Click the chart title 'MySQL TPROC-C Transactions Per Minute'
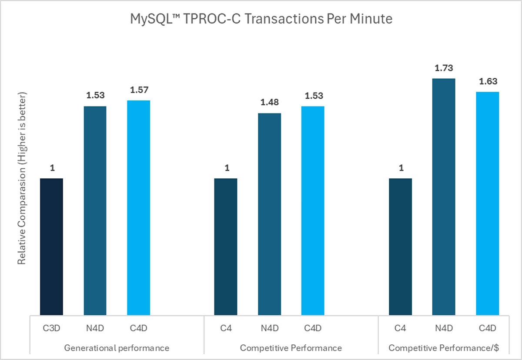point(261,19)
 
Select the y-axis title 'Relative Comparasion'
point(22,178)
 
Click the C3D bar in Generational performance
point(51,247)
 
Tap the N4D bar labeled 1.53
point(95,210)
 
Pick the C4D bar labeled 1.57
point(138,207)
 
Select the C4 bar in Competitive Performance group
point(226,247)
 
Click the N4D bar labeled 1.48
point(269,214)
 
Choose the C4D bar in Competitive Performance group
point(313,210)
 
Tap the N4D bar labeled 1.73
point(444,197)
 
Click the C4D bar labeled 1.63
point(487,203)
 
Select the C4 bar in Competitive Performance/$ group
point(400,247)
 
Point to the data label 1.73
point(444,68)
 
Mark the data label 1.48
point(269,103)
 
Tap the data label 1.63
point(487,81)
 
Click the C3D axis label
point(51,328)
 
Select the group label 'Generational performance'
point(117,348)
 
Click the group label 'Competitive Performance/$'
point(443,348)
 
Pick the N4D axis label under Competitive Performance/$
point(444,328)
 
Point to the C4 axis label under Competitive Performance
point(226,328)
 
